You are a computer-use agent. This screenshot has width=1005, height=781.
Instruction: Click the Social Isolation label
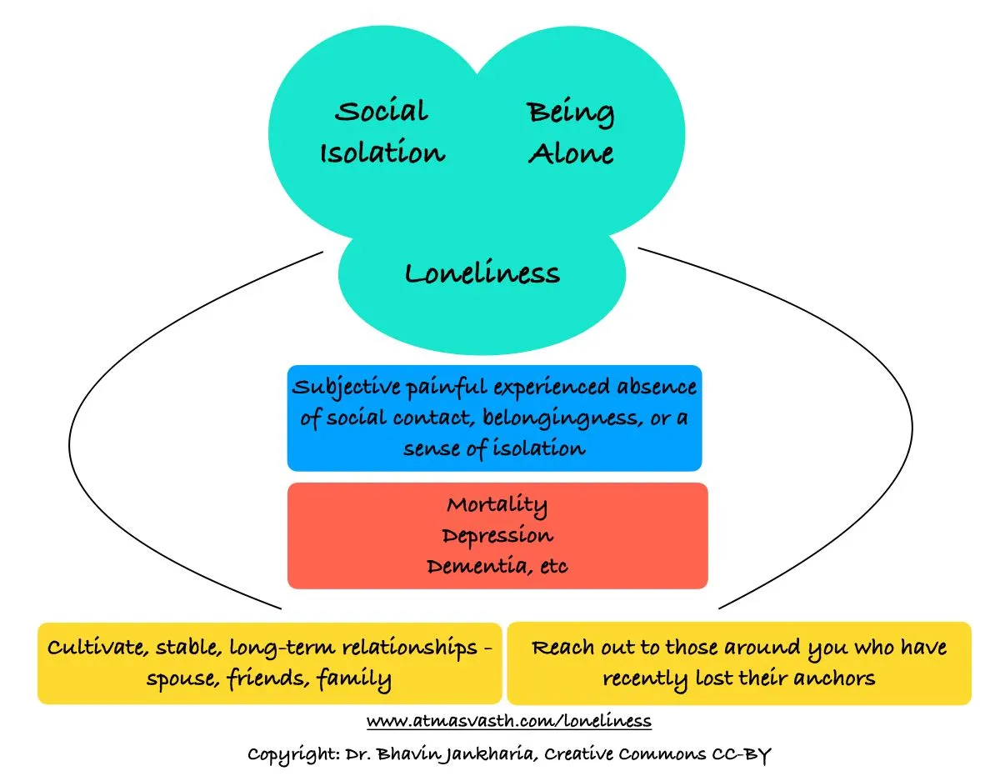pos(382,133)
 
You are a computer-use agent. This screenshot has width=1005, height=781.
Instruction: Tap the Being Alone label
pos(571,133)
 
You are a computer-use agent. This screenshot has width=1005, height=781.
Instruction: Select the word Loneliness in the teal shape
pos(482,273)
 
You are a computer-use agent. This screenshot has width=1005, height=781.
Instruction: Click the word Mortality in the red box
pos(497,505)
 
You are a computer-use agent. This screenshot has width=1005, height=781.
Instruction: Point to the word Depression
pos(497,535)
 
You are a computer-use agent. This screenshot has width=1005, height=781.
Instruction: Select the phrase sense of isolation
pos(494,448)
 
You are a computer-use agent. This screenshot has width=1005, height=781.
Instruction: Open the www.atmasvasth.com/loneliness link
pos(508,719)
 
